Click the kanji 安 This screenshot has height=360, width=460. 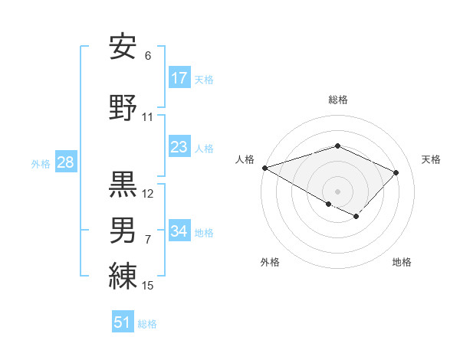tap(123, 48)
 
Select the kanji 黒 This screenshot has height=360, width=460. tap(123, 185)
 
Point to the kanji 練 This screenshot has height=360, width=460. tap(123, 275)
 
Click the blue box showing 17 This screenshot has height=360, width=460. tap(179, 77)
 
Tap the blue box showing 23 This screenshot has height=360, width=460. tap(179, 147)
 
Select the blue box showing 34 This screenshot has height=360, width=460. tap(179, 231)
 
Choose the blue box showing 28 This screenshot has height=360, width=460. tap(65, 162)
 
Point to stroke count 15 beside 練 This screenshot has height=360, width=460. tap(148, 286)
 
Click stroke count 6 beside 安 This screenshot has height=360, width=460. tap(148, 56)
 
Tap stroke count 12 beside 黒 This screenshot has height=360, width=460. tap(148, 194)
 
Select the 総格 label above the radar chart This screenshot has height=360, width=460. tap(338, 100)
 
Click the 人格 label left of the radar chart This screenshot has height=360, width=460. tap(245, 159)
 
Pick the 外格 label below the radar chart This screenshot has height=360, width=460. tap(270, 263)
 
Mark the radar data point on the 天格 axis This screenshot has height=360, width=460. tap(396, 172)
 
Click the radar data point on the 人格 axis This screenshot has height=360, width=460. tap(264, 168)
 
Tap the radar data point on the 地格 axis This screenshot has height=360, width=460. tap(356, 217)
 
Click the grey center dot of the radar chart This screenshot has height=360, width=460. tap(337, 191)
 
